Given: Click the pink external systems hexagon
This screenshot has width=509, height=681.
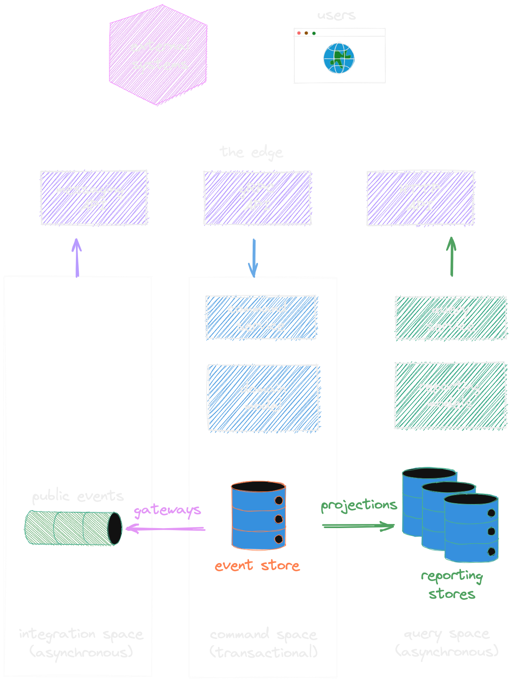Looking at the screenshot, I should click(x=158, y=55).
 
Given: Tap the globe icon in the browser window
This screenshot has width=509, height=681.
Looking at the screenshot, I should click(x=339, y=58).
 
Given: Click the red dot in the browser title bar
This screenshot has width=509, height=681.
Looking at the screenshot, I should click(x=299, y=33).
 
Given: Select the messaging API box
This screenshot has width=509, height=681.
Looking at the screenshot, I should click(x=94, y=198).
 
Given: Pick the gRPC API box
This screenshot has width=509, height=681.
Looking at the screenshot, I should click(x=257, y=198).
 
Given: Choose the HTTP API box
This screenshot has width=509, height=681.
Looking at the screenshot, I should click(x=420, y=198).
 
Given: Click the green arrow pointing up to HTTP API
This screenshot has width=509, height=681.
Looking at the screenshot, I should click(x=451, y=257).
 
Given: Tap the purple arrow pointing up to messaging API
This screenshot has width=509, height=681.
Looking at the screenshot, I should click(x=77, y=258).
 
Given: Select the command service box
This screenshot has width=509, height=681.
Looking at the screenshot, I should click(x=261, y=317).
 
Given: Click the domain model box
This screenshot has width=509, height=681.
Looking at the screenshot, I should click(x=263, y=398).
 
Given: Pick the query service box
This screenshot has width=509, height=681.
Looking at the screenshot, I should click(x=451, y=318).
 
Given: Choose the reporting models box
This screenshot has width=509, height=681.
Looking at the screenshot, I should click(x=450, y=395).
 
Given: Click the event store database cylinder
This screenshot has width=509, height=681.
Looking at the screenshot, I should click(x=258, y=515).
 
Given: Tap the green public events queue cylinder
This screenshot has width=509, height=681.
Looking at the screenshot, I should click(x=73, y=528).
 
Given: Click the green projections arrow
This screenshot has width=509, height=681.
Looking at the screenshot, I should click(x=358, y=526).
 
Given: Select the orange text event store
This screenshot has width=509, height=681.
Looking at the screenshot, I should click(x=257, y=566).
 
